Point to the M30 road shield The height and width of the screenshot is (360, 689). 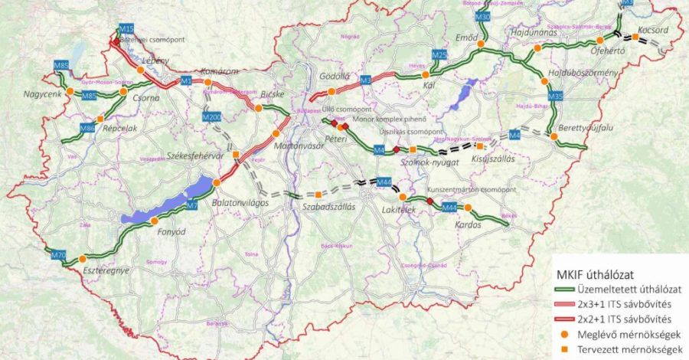(x=482, y=16)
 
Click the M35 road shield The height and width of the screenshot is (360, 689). (x=557, y=97)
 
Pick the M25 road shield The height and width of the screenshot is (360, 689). (x=439, y=55)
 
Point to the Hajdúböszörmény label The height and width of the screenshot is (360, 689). (x=583, y=73)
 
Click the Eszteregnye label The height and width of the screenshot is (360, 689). (x=105, y=270)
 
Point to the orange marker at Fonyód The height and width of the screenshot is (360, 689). (x=155, y=221)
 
